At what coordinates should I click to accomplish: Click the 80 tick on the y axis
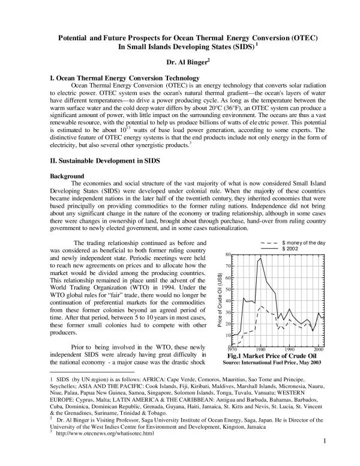(228, 255)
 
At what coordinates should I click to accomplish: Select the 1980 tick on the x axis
(260, 349)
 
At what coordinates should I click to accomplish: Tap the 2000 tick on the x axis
(319, 349)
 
